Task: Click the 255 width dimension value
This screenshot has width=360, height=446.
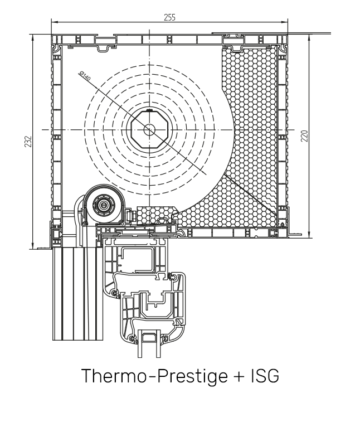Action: coord(169,17)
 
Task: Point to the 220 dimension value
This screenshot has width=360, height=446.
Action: coord(304,135)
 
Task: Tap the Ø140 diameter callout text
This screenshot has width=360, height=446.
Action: coord(85,76)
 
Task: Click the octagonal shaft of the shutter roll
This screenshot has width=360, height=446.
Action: coord(149,129)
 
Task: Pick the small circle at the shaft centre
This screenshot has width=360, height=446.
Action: coord(149,129)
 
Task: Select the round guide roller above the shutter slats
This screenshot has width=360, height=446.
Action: coord(104,205)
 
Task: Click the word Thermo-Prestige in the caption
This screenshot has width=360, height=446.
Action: coord(148,375)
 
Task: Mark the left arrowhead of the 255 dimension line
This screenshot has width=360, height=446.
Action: coord(53,22)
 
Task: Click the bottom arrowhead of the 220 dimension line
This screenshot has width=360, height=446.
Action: coord(308,235)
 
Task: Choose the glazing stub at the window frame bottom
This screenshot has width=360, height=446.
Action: coord(149,343)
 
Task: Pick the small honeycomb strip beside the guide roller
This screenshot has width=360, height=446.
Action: coord(154,214)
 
